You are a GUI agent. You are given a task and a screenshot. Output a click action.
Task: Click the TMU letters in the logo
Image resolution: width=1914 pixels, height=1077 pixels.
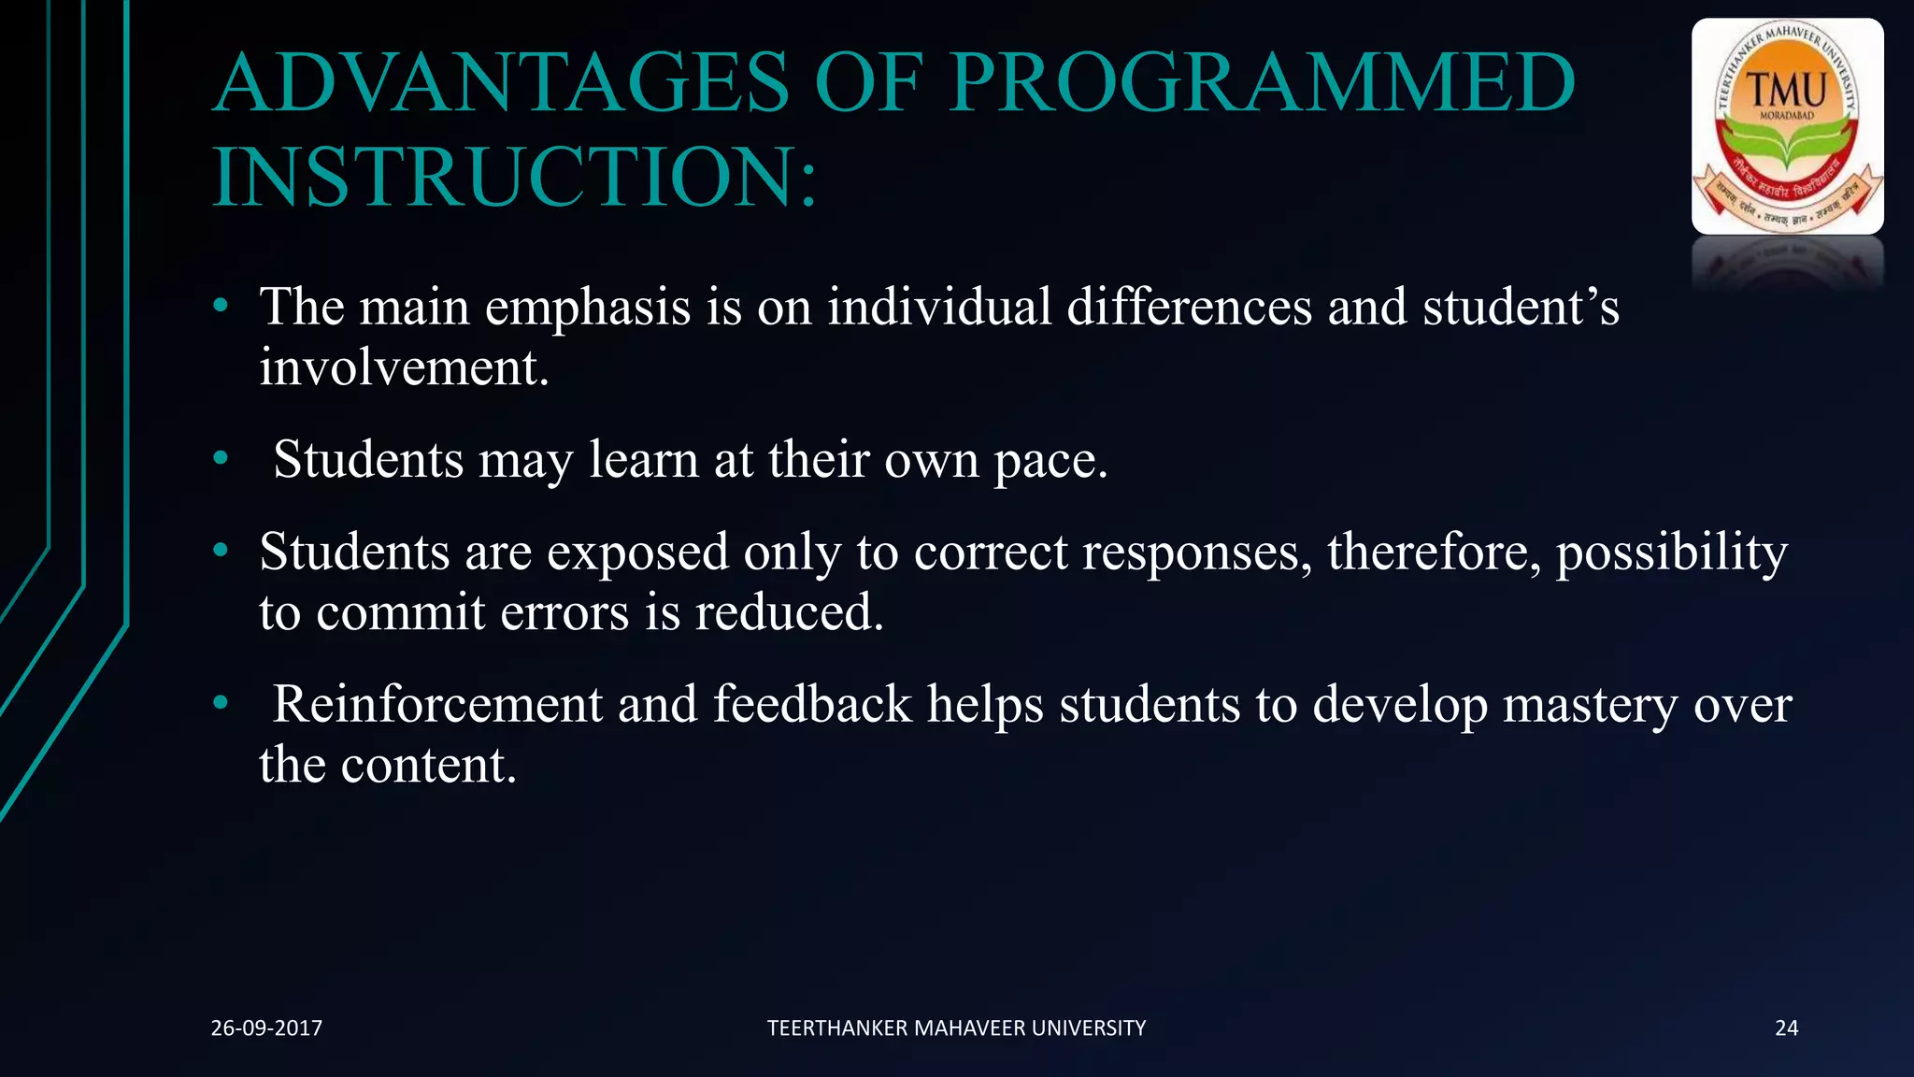pyautogui.click(x=1787, y=91)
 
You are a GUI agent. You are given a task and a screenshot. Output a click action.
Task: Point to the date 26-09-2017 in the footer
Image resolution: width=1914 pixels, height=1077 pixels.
pyautogui.click(x=266, y=1028)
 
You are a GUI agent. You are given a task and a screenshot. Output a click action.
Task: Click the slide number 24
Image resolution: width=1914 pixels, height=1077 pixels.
pyautogui.click(x=1786, y=1028)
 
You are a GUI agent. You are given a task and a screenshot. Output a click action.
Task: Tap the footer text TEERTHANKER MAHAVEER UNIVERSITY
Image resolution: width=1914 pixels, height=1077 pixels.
pyautogui.click(x=956, y=1028)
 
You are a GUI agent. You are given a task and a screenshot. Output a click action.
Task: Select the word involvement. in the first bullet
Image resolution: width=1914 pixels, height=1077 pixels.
pyautogui.click(x=404, y=367)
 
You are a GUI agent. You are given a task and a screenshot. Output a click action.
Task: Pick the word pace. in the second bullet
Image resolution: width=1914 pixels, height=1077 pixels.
pyautogui.click(x=1050, y=460)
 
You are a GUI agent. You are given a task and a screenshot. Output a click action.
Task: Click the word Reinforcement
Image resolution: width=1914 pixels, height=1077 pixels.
pyautogui.click(x=437, y=704)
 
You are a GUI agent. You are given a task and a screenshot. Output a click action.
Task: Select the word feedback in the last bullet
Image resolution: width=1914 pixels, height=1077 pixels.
pyautogui.click(x=812, y=704)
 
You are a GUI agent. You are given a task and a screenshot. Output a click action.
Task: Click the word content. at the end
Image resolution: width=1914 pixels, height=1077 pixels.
pyautogui.click(x=428, y=766)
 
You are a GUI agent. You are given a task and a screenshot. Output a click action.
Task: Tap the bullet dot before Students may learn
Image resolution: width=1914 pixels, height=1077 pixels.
pyautogui.click(x=221, y=458)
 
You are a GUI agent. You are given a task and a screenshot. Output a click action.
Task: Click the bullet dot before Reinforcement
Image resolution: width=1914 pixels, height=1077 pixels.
pyautogui.click(x=221, y=702)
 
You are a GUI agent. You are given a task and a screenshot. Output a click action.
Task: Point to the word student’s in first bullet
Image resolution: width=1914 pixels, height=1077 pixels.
pyautogui.click(x=1521, y=307)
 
